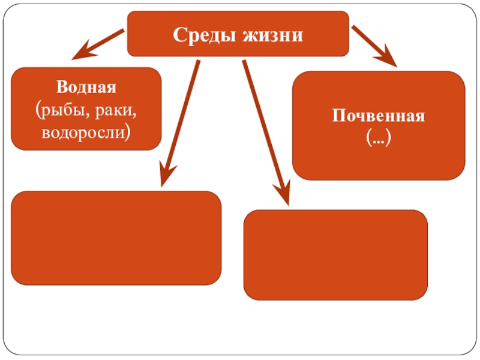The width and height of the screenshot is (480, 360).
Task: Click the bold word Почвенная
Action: click(379, 116)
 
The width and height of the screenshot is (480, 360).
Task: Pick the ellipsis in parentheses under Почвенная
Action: click(379, 138)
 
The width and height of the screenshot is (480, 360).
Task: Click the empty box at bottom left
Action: click(116, 238)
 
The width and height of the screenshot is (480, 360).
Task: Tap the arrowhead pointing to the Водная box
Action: click(82, 53)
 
